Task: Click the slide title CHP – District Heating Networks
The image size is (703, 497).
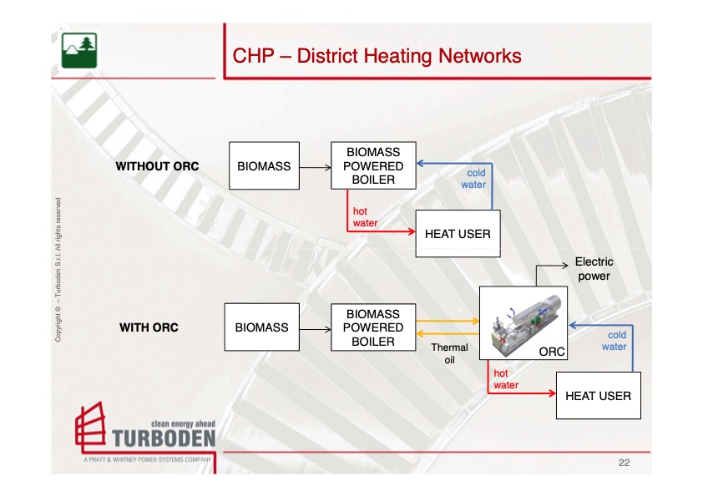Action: point(377,56)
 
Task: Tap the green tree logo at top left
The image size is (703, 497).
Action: point(79,50)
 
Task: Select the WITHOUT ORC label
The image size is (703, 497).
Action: point(157,166)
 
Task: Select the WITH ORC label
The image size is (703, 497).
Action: point(149,327)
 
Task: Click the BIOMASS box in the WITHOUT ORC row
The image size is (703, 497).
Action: point(264,166)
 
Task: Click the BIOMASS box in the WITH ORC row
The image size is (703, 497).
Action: point(261,327)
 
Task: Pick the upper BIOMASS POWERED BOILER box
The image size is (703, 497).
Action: point(373,165)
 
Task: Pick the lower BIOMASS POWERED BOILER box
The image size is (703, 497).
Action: point(373,327)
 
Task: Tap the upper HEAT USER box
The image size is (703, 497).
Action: point(458,234)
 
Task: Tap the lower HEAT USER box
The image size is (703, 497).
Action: point(598,396)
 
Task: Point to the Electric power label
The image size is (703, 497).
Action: point(594,269)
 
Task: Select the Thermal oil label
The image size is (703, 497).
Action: point(448,353)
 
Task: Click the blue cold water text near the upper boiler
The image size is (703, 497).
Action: point(474,179)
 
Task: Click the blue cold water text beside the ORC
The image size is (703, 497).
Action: point(614,341)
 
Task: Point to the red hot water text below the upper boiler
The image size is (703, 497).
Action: point(365,217)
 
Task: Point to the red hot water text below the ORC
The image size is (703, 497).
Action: point(505,379)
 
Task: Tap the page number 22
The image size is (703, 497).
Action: point(624,462)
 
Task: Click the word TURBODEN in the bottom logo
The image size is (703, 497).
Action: point(163,439)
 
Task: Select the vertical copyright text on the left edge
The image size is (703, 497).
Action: point(58,269)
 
